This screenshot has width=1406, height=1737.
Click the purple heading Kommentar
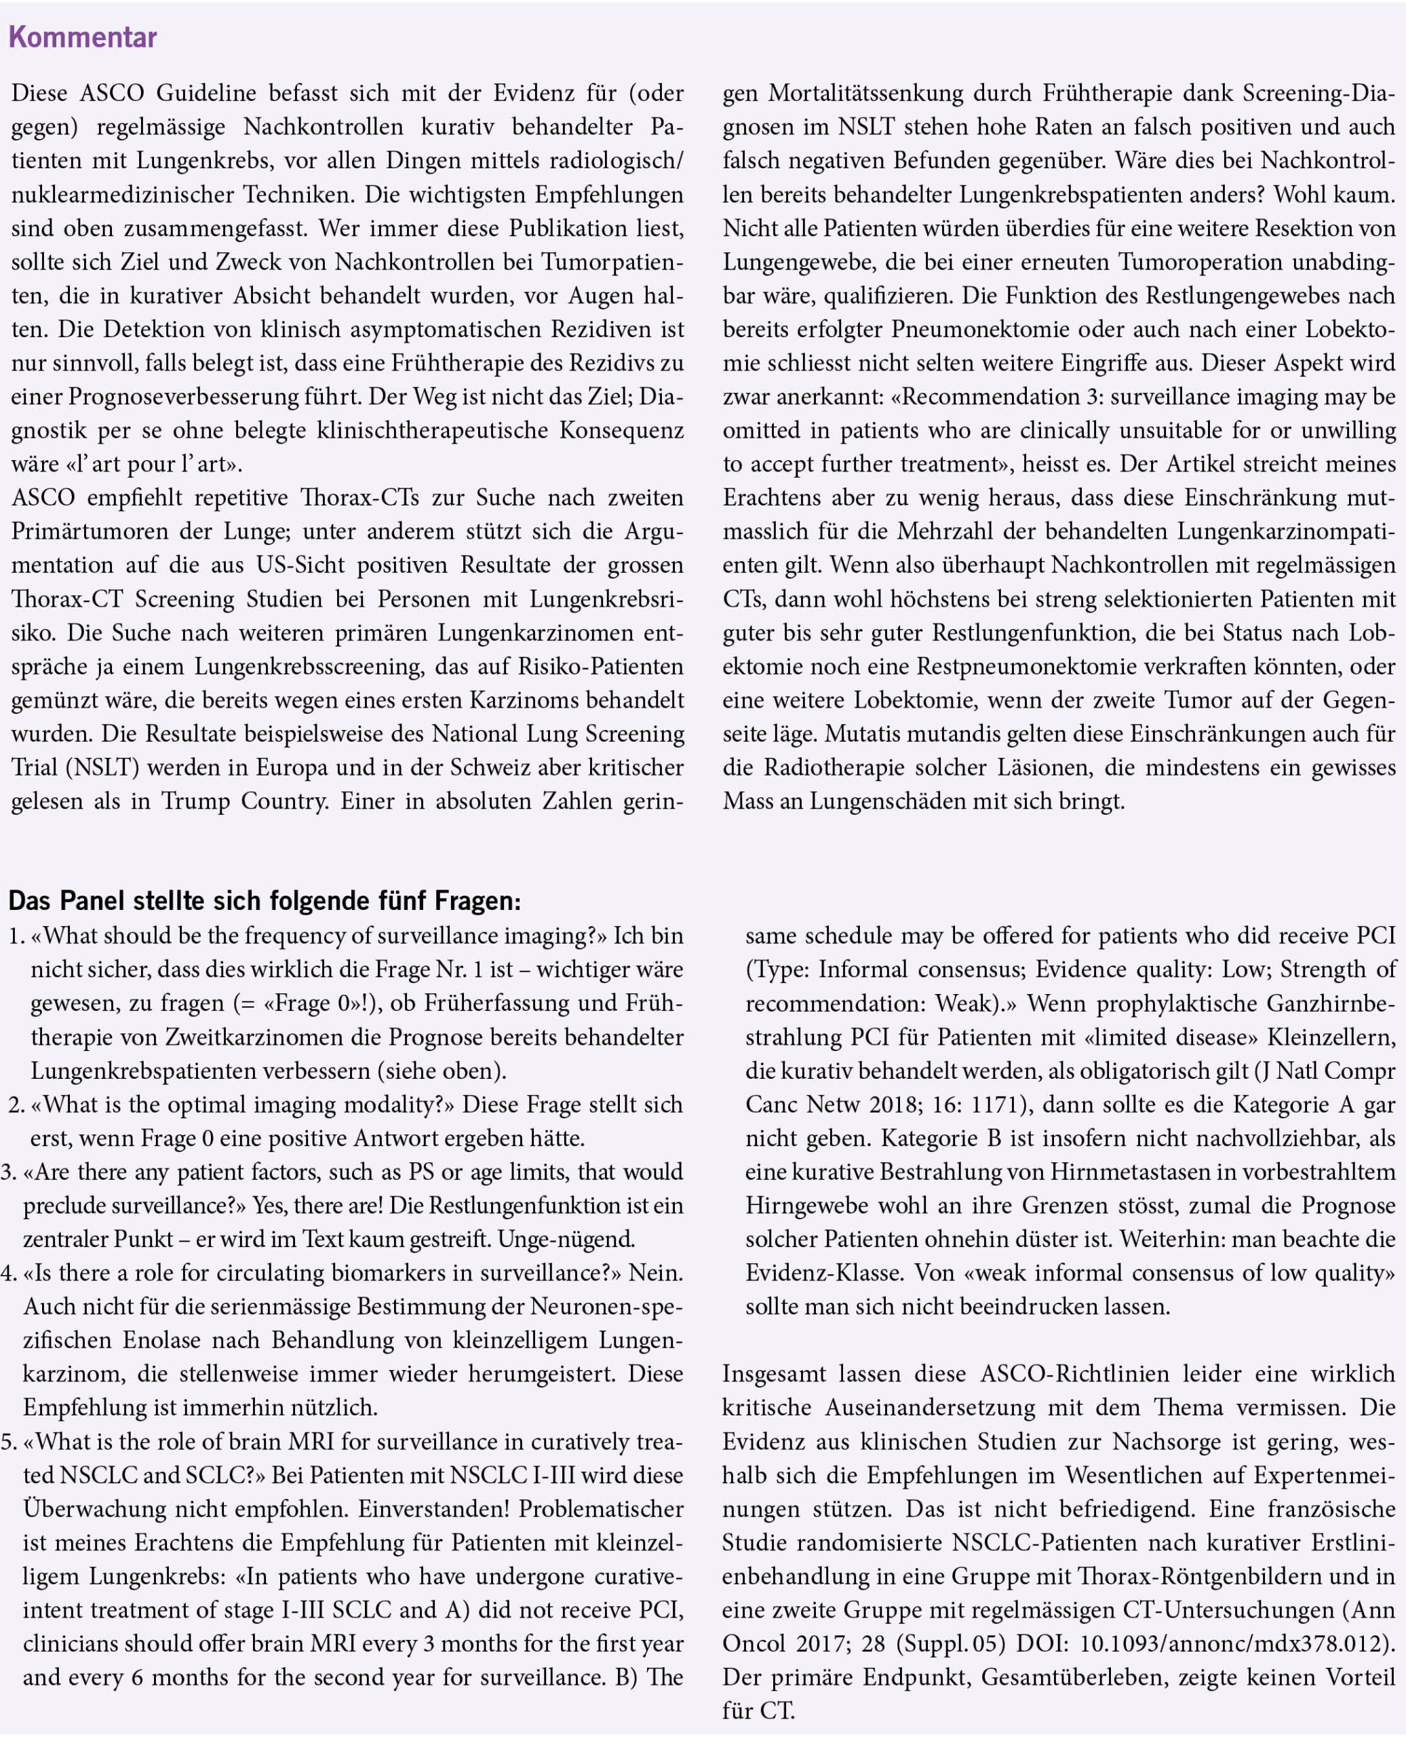83,38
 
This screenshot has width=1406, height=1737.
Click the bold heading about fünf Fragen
265,900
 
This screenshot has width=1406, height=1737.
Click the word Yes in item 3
269,1206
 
